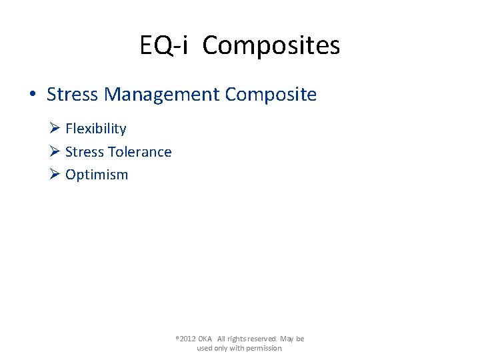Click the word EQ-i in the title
tap(164, 46)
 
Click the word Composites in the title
tap(271, 46)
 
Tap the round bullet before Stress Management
tap(33, 95)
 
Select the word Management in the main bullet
tap(161, 95)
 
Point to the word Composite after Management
tap(271, 95)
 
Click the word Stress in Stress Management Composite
tap(72, 95)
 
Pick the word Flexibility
tap(96, 129)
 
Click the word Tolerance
tap(140, 152)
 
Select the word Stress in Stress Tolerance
tap(85, 152)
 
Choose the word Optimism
tap(97, 175)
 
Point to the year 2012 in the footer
tap(187, 339)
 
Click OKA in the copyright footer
tap(205, 339)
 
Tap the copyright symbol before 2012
tap(177, 337)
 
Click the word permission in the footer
tap(265, 348)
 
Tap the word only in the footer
tap(221, 348)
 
